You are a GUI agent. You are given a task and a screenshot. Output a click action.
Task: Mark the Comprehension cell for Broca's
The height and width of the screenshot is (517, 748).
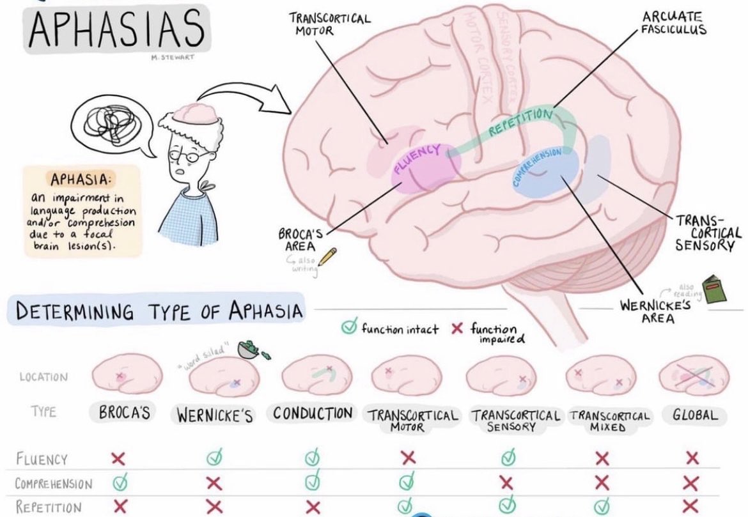[x=118, y=483]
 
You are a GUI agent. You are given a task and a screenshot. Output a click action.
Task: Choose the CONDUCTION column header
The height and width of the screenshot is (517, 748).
[x=312, y=413]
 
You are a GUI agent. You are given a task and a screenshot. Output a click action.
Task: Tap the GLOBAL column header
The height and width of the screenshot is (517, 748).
[x=694, y=414]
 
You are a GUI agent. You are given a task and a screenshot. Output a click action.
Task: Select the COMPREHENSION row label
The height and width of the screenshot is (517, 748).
[x=54, y=484]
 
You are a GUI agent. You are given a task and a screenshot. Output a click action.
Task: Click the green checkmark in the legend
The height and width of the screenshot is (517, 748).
[x=348, y=328]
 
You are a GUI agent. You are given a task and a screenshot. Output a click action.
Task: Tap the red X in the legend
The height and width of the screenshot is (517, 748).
[x=456, y=328]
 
